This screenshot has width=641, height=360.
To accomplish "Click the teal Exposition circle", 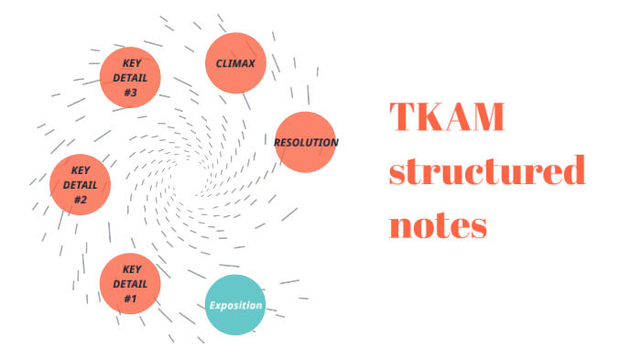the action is pyautogui.click(x=235, y=305).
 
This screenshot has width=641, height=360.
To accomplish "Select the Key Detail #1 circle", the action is pyautogui.click(x=130, y=284).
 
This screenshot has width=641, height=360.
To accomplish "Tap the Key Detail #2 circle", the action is pyautogui.click(x=81, y=185).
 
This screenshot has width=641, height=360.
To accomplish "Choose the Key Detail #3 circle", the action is pyautogui.click(x=130, y=77).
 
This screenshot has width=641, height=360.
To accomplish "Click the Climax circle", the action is pyautogui.click(x=235, y=63).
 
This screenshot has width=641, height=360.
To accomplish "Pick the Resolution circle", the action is pyautogui.click(x=306, y=142).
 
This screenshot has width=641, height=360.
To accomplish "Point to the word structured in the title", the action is pyautogui.click(x=486, y=171).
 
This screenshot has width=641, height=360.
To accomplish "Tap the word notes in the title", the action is pyautogui.click(x=438, y=224).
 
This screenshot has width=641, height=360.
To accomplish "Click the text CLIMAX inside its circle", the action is pyautogui.click(x=235, y=64).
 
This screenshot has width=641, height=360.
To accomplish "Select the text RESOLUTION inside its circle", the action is pyautogui.click(x=306, y=143).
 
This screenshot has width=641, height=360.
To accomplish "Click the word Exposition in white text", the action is pyautogui.click(x=235, y=306).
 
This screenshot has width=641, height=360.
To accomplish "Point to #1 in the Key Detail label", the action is pyautogui.click(x=130, y=299).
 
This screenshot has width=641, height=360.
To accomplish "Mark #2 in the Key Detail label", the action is pyautogui.click(x=81, y=200).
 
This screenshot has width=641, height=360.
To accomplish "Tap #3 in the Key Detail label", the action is pyautogui.click(x=130, y=92).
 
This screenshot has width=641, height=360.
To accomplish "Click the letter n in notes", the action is pyautogui.click(x=402, y=225).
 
